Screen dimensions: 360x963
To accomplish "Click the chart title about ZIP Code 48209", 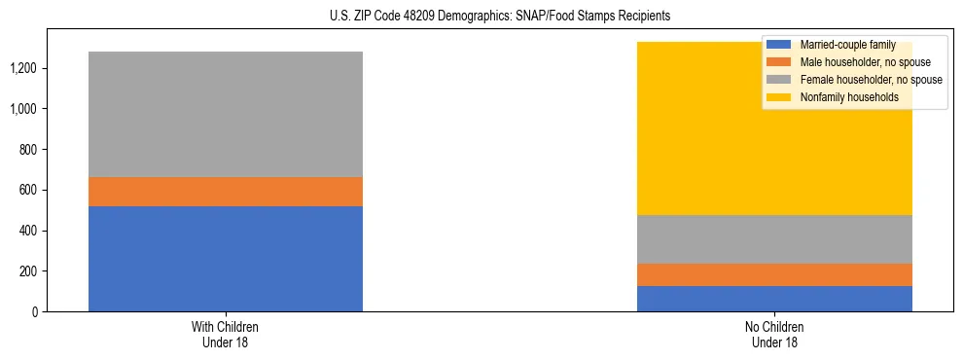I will point(481,17).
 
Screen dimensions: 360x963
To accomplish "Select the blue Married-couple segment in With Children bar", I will point(226,259).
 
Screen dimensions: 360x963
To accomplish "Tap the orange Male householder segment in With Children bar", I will point(226,192).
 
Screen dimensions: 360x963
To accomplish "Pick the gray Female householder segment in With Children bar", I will point(226,114).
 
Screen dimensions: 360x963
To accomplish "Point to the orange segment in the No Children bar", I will point(774,274).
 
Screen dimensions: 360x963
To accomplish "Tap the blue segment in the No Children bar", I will point(774,299).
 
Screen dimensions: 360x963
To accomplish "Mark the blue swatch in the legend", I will point(779,46).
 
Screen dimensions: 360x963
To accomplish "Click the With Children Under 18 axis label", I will point(226,334).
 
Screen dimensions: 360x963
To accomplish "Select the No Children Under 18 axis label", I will point(774,334).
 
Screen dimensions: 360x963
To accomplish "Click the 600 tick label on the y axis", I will point(31,190).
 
